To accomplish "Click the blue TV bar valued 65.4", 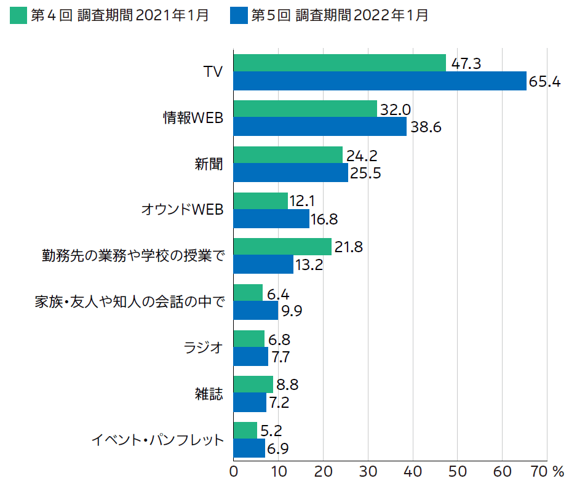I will click(x=380, y=81).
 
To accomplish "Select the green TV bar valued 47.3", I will click(x=340, y=63).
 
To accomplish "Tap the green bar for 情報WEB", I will click(x=305, y=109).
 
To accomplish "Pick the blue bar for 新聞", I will click(x=291, y=173).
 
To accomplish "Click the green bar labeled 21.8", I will click(x=282, y=247).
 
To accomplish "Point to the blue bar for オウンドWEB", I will click(x=271, y=219).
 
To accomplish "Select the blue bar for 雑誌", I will click(x=250, y=403).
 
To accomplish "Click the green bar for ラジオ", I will click(x=249, y=339).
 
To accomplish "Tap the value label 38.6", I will click(x=426, y=127).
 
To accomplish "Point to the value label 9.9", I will click(x=291, y=311).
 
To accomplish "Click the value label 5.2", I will click(x=271, y=430).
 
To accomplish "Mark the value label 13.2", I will click(x=308, y=265).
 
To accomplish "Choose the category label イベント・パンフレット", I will click(x=157, y=440).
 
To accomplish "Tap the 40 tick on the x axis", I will click(x=413, y=471).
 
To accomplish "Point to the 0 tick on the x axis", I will click(x=234, y=471).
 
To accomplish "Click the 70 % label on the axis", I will click(x=547, y=471).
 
